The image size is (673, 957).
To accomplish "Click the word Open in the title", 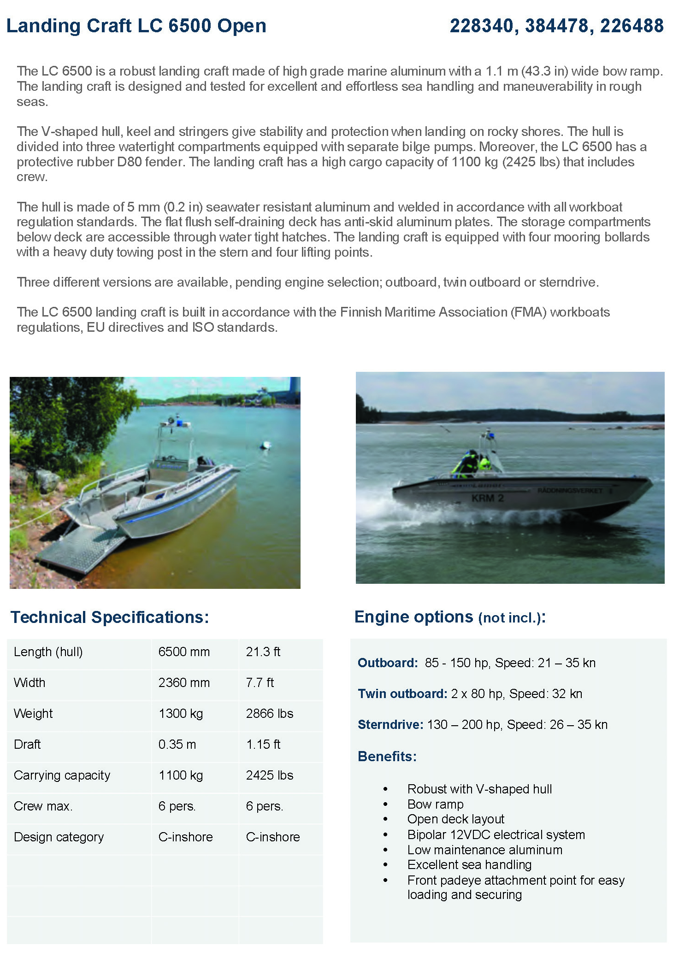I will (242, 26).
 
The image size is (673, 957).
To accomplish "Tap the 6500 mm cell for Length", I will (184, 652).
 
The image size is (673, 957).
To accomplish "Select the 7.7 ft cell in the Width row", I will (260, 683).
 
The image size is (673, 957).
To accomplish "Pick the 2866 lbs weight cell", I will (269, 714).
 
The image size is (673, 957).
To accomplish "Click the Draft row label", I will (27, 745).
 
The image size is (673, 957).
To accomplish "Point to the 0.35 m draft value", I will (177, 745).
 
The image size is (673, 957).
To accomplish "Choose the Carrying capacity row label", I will (62, 775).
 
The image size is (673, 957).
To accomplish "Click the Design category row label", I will (59, 837).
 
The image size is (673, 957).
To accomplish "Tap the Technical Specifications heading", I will (110, 617).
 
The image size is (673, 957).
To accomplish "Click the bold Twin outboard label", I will (402, 694).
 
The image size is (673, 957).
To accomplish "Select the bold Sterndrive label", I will (390, 725).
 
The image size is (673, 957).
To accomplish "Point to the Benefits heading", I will (387, 757).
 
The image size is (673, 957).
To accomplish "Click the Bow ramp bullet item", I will (435, 804).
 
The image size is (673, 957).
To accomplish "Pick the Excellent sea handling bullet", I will (469, 865).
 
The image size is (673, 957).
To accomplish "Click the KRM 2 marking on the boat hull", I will (487, 499).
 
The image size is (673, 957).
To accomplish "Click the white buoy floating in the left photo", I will (266, 446).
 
